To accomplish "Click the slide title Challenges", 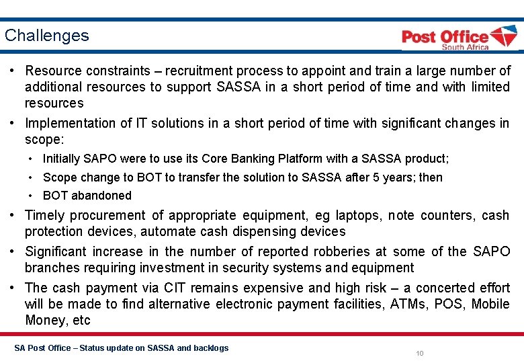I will coord(46,36).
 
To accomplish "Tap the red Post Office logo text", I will coord(445,37).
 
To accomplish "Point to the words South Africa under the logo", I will coord(465,47).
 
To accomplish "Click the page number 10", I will coord(420,353).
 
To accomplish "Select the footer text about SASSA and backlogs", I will coord(121,348).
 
